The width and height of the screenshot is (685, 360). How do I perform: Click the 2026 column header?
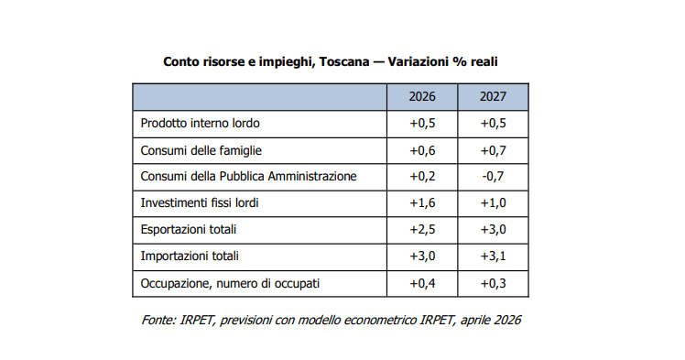[422, 96]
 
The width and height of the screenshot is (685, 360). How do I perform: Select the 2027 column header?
[493, 96]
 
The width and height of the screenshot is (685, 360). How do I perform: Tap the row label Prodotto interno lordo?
[200, 123]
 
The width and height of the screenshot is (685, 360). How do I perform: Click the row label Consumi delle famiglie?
[201, 151]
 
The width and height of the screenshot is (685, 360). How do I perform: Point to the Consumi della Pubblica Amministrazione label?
[248, 177]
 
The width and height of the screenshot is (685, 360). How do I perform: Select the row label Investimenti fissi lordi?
[200, 203]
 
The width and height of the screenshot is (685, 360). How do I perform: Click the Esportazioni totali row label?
[189, 230]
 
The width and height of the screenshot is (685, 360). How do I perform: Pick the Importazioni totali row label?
[190, 256]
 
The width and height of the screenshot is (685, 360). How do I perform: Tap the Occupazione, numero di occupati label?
[230, 284]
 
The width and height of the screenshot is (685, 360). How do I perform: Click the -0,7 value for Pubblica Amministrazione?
[493, 177]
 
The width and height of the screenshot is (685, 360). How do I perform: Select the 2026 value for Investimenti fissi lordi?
[422, 203]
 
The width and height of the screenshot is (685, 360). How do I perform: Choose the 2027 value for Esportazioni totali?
[493, 230]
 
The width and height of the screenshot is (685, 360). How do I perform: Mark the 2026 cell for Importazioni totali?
[422, 256]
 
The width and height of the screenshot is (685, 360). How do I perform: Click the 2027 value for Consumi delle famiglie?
[493, 151]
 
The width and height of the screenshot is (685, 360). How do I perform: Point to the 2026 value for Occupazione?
[422, 284]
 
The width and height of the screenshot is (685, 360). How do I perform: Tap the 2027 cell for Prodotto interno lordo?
[493, 123]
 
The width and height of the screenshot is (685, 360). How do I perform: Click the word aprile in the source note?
[474, 321]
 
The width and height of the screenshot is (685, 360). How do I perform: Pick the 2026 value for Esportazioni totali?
[422, 230]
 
